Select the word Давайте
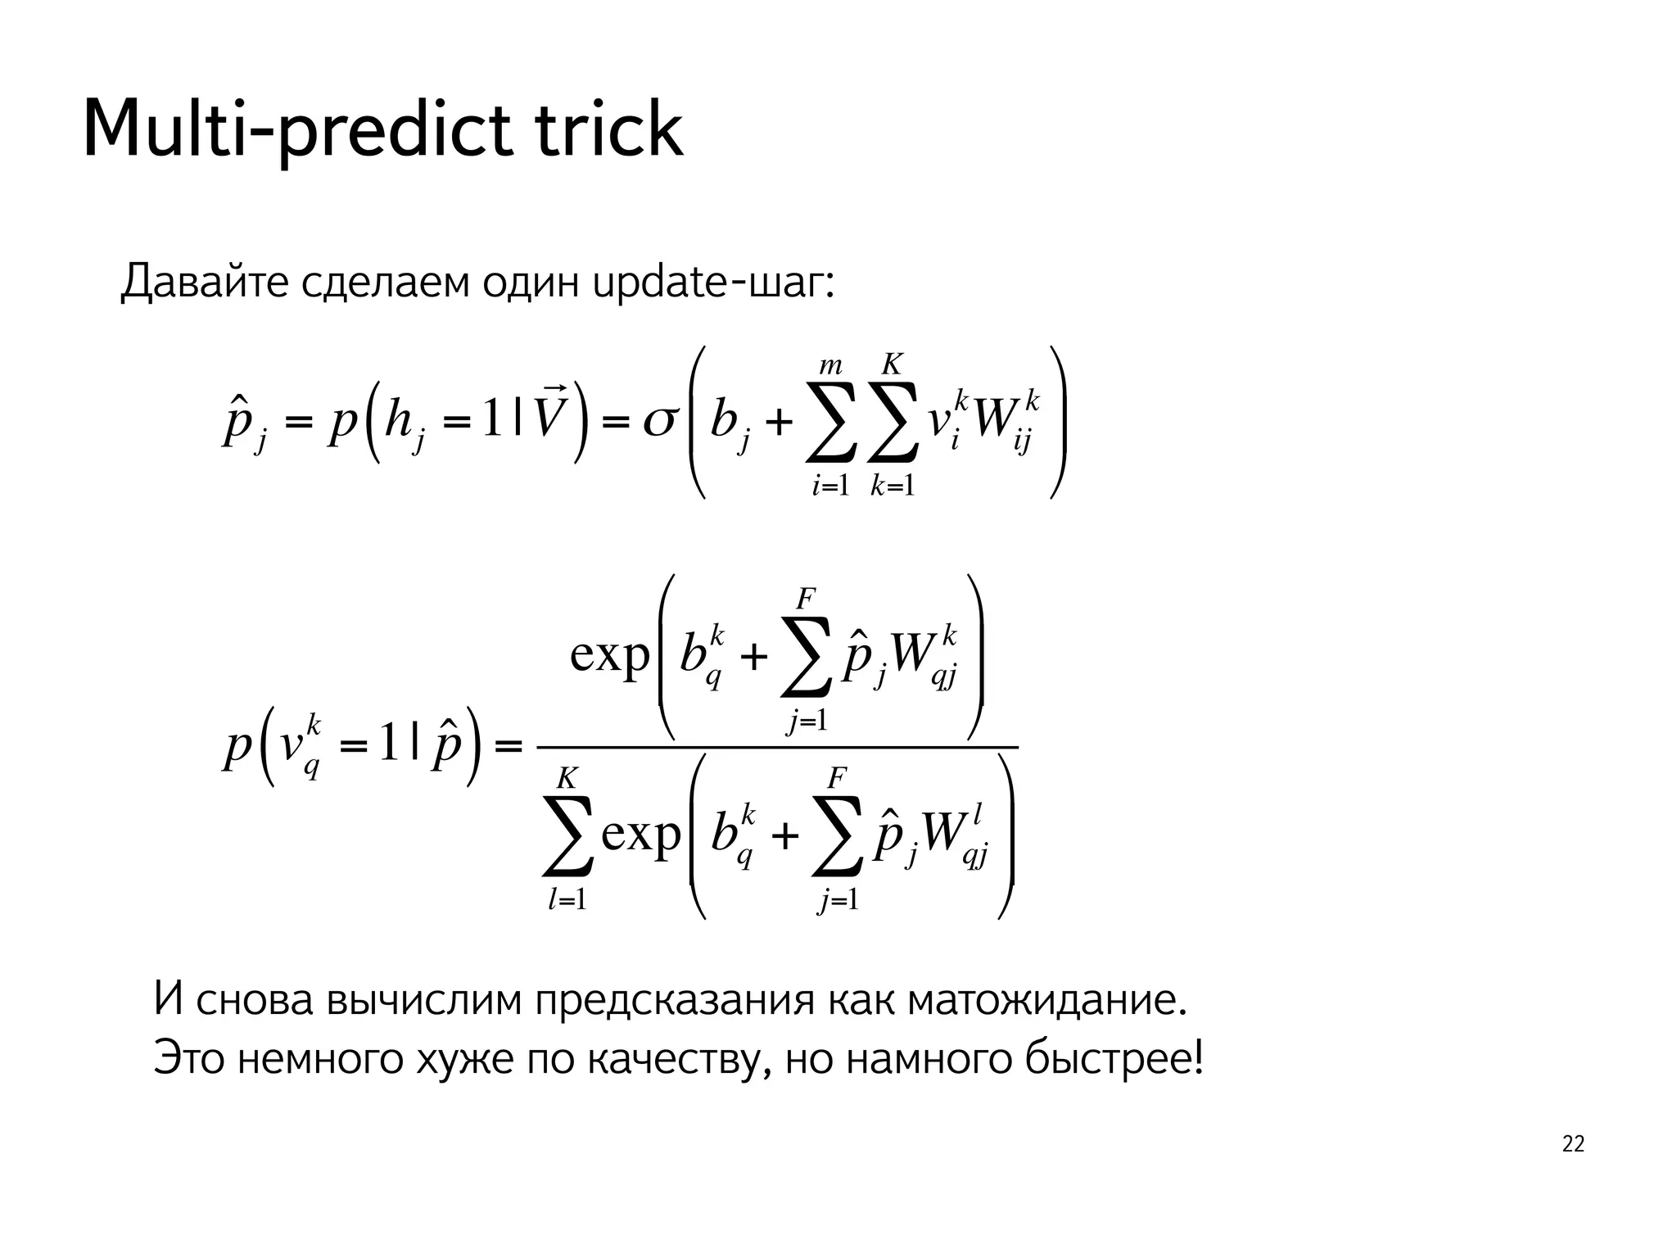point(204,283)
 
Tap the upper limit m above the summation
point(830,365)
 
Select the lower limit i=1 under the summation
point(830,486)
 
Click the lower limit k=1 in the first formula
point(893,486)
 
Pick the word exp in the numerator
point(610,655)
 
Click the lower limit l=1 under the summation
point(567,900)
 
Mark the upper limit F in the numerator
point(806,600)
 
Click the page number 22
point(1573,1144)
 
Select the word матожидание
point(1047,1000)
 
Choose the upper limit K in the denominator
point(567,777)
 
